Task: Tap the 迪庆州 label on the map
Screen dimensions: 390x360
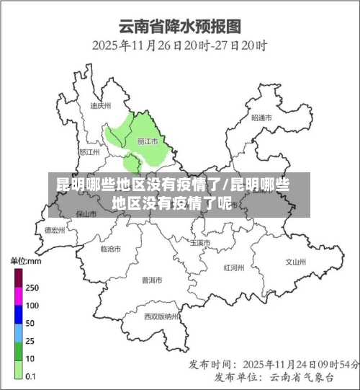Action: pyautogui.click(x=101, y=105)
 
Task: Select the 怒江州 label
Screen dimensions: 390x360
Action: pyautogui.click(x=91, y=152)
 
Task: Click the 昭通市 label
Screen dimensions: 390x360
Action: pyautogui.click(x=261, y=117)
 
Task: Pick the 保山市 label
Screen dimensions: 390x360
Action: pyautogui.click(x=86, y=214)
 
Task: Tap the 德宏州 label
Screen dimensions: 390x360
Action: pyautogui.click(x=54, y=230)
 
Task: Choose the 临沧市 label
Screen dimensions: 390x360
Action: pyautogui.click(x=110, y=249)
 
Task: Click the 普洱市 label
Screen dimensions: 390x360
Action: pyautogui.click(x=153, y=279)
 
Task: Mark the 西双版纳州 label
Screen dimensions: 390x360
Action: pyautogui.click(x=161, y=316)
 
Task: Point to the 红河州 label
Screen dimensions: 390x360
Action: pyautogui.click(x=234, y=267)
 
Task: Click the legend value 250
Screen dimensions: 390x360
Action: pyautogui.click(x=32, y=287)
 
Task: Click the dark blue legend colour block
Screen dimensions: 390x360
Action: pyautogui.click(x=18, y=314)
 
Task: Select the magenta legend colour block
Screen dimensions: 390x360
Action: pyautogui.click(x=18, y=296)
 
